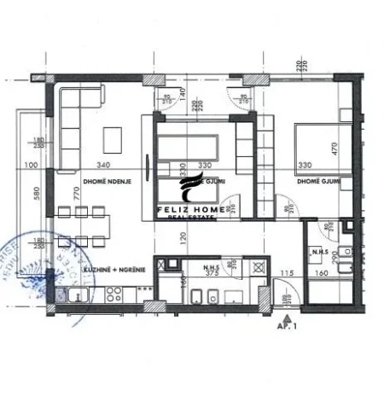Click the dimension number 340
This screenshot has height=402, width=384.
pos(105,164)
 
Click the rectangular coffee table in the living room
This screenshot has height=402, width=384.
pos(113,137)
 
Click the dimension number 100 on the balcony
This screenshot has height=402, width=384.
pos(32,165)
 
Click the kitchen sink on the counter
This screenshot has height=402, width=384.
pos(75,296)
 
